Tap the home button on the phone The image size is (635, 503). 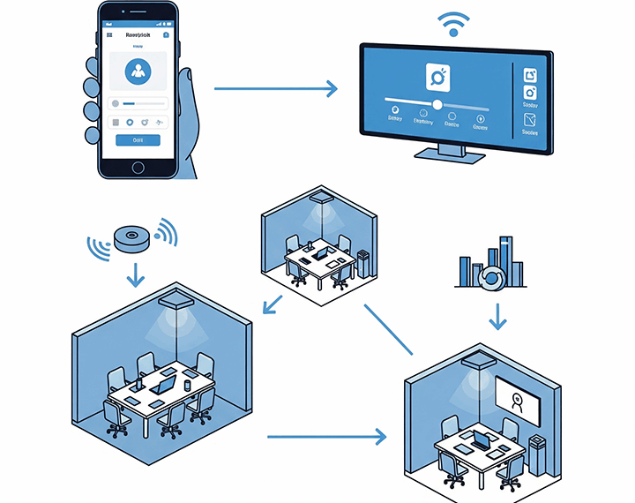click(x=138, y=168)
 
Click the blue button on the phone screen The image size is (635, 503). click(x=138, y=139)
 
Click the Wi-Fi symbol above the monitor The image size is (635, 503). click(x=453, y=23)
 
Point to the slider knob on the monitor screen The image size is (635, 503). click(x=437, y=104)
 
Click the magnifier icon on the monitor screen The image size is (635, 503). click(x=438, y=77)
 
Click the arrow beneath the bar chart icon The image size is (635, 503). click(x=497, y=316)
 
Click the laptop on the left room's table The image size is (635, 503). click(x=164, y=383)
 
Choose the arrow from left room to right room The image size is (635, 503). click(x=326, y=436)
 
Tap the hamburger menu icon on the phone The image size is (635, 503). click(x=109, y=35)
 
